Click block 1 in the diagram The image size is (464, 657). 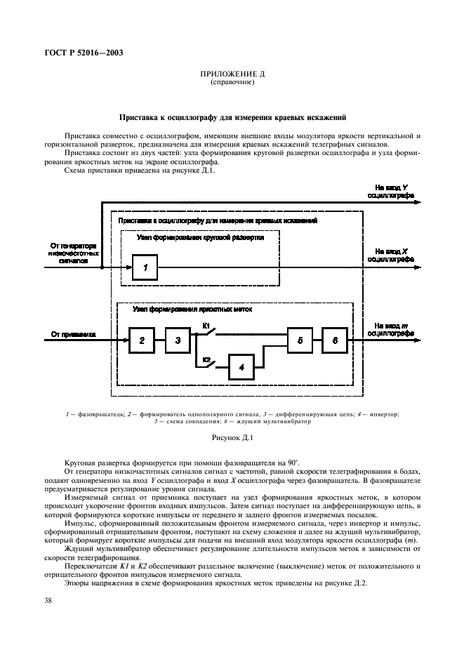coord(145,267)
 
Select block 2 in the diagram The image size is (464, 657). coord(141,340)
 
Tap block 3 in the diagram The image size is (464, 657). coord(178,340)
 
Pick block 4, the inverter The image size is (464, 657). coord(241,366)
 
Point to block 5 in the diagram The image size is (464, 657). coord(300,340)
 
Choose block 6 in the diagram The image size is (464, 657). coord(335,340)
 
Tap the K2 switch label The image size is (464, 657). coord(206,359)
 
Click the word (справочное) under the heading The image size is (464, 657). coord(232,82)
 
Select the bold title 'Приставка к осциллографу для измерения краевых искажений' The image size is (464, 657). coord(232,117)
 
